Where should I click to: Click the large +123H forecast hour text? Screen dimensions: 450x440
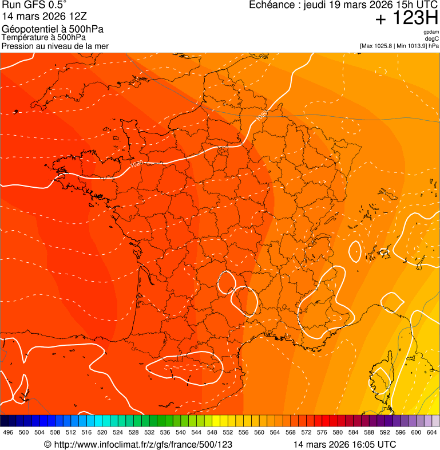[406, 18]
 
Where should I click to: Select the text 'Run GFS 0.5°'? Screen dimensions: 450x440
[34, 5]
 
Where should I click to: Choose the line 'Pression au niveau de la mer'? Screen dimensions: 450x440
[55, 46]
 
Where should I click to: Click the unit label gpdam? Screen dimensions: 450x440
[431, 32]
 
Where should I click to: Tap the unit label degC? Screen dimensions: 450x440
[432, 38]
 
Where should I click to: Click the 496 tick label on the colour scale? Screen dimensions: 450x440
[8, 433]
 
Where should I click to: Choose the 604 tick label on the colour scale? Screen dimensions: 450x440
[431, 433]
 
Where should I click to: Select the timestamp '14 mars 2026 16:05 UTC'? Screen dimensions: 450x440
[344, 444]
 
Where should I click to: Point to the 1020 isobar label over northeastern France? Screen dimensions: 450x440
[261, 115]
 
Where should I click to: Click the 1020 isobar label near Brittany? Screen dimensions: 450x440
[136, 164]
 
